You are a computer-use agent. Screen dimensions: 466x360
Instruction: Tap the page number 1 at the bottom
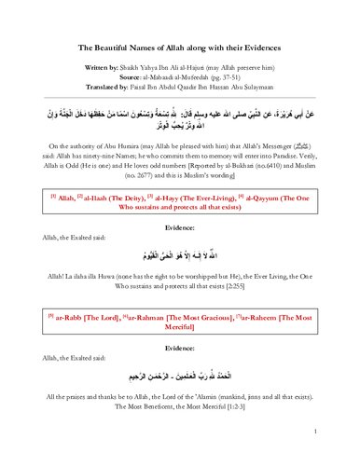click(318, 432)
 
